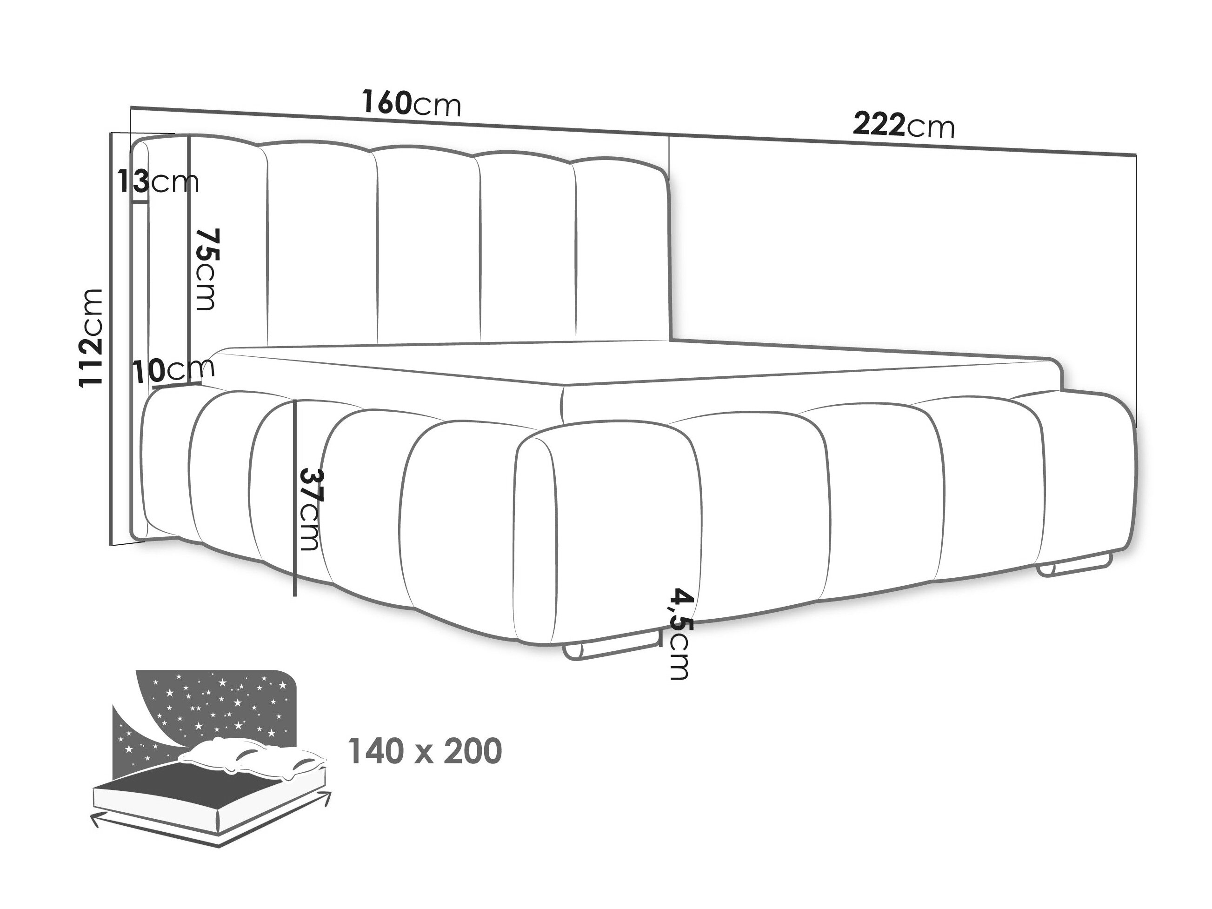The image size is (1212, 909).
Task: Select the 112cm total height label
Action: tap(91, 338)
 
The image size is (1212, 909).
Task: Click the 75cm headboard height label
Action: tap(208, 269)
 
